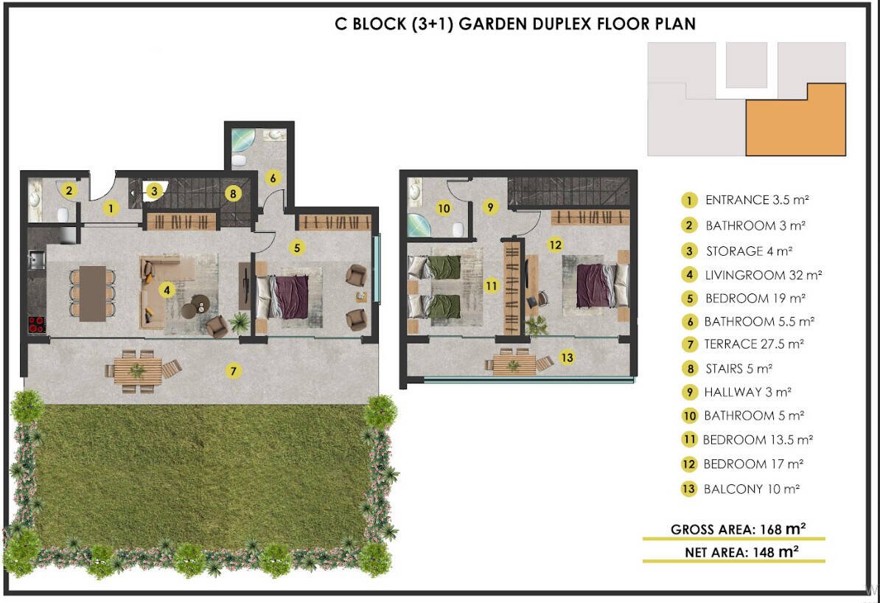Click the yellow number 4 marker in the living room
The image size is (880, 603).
coord(167,290)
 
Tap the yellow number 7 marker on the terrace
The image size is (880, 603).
coord(234,371)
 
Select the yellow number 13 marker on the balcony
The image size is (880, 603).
coord(567,357)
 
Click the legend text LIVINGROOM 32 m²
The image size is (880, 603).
coord(764,275)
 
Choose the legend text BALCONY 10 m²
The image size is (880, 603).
coord(752,489)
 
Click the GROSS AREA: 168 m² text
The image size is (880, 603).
coord(738,529)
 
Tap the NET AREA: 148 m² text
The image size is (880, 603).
coord(741,552)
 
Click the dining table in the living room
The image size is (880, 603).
coord(93,293)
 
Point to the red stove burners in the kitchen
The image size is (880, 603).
coord(37,324)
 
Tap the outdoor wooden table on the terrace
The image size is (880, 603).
coord(138,371)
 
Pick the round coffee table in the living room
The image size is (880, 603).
coord(200,304)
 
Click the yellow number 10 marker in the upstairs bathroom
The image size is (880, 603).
coord(444,209)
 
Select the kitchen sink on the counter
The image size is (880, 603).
coord(37,260)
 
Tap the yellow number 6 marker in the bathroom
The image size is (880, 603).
coord(273,178)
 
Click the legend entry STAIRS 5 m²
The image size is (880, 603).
coord(738,369)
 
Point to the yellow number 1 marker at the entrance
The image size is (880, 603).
coord(111,209)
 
